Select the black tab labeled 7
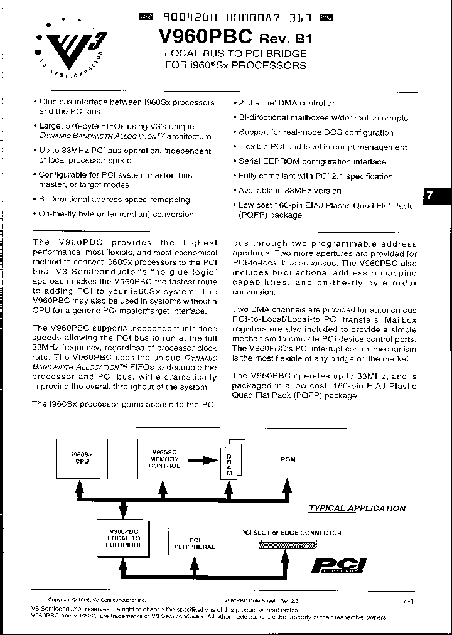click(x=429, y=195)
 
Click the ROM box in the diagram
click(x=288, y=459)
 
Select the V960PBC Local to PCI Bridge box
click(x=123, y=538)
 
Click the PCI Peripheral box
click(x=195, y=543)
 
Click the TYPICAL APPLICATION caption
click(x=357, y=508)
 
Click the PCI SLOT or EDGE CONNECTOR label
click(x=291, y=533)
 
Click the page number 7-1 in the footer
click(x=408, y=601)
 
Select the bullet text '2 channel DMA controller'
click(x=286, y=103)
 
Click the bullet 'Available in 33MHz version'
click(x=289, y=191)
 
